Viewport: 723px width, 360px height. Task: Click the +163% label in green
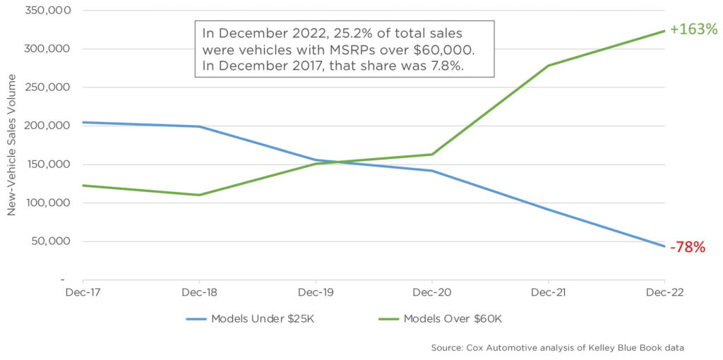pos(693,30)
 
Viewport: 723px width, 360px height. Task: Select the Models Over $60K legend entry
pos(441,318)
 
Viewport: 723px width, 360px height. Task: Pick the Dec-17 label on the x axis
pos(83,292)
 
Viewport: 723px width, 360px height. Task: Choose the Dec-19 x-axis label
pos(316,292)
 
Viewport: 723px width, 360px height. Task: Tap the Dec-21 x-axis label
pos(549,292)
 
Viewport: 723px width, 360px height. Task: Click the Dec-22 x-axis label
pos(664,292)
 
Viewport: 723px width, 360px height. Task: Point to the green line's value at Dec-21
pos(549,66)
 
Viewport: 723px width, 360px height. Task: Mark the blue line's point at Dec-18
pos(199,127)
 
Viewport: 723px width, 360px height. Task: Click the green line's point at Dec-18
pos(199,195)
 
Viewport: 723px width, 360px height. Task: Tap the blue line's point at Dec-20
pos(432,171)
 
